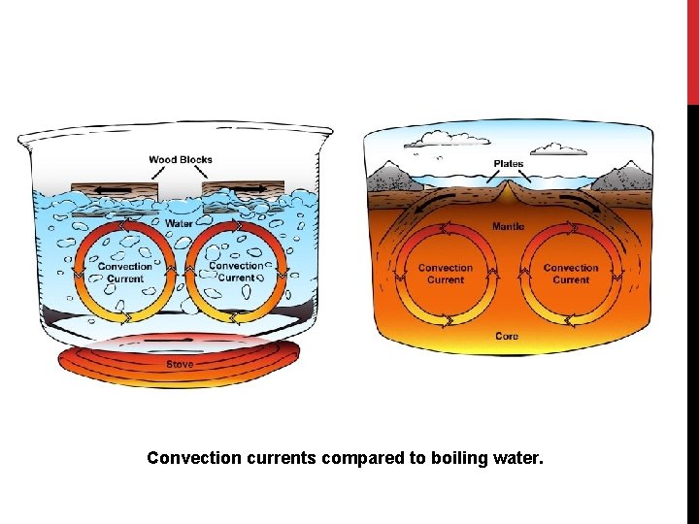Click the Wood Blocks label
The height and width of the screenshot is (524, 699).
click(x=181, y=160)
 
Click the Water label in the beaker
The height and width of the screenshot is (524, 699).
click(x=179, y=223)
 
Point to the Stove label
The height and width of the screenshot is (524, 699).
click(x=180, y=364)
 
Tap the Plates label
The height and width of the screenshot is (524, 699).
click(x=509, y=164)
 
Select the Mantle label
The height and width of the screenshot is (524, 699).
click(x=509, y=227)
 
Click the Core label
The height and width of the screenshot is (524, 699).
click(x=507, y=337)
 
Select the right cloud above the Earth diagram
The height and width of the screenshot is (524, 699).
click(x=560, y=148)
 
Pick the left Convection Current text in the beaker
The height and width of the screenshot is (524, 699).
click(x=124, y=272)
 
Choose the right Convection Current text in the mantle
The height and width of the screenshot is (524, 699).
click(x=571, y=274)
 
